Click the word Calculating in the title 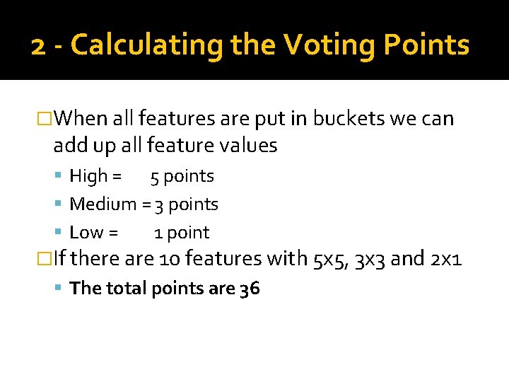148,45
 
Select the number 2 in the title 40,46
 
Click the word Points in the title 426,45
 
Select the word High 88,176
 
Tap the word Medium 103,204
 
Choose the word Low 87,233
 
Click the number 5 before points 154,177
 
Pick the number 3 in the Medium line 160,205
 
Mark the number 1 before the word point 159,233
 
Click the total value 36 250,289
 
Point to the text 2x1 446,259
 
